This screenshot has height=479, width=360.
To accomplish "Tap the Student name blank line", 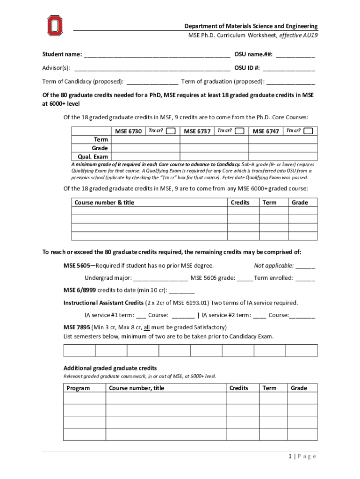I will (157, 56).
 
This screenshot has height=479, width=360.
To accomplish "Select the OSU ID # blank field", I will (288, 69).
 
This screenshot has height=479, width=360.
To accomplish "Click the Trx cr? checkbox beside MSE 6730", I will (171, 131).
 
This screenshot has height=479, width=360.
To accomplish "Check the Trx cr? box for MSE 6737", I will (239, 131).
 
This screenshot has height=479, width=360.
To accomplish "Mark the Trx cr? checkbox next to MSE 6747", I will (308, 131).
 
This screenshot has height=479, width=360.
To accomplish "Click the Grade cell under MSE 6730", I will (146, 148).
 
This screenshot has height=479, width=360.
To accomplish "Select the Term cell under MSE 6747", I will (283, 140).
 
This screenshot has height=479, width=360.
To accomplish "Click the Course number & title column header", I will (104, 203).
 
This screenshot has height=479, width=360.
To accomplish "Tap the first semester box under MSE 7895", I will (79, 350).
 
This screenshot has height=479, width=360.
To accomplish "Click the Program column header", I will (79, 388).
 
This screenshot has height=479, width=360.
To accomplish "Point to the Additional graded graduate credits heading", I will (110, 368).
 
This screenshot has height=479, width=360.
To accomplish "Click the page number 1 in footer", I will (291, 457).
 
